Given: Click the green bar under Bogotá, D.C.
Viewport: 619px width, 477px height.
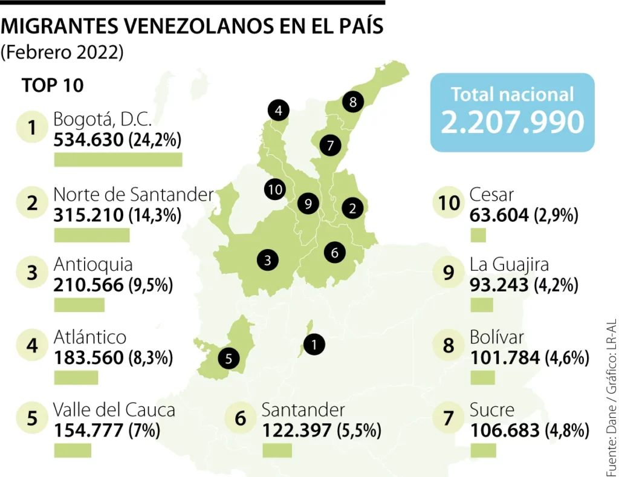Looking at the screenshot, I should click(118, 160).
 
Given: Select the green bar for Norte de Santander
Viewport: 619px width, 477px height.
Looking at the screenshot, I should click(91, 235).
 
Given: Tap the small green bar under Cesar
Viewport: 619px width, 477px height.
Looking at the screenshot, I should click(478, 235).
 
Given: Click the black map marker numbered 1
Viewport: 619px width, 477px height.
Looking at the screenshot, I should click(314, 345).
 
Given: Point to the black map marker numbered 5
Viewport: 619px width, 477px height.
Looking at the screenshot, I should click(228, 359).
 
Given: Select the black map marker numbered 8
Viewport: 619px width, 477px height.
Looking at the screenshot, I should click(353, 102).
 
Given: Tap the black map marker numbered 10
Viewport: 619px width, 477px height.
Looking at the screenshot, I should click(275, 189).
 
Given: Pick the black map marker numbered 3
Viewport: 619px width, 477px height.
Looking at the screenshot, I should click(267, 260).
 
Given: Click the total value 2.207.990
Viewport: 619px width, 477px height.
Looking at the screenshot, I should click(512, 122).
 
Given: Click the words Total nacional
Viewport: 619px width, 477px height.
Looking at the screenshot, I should click(512, 94).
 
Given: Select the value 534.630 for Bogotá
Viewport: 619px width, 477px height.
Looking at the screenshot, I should click(88, 140).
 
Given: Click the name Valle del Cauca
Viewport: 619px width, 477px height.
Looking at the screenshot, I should click(114, 409).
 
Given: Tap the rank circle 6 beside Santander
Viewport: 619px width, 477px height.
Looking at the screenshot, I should click(240, 418).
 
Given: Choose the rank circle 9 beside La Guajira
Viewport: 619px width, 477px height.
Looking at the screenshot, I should click(449, 273).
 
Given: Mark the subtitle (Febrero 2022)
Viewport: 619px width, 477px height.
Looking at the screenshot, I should click(62, 53).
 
